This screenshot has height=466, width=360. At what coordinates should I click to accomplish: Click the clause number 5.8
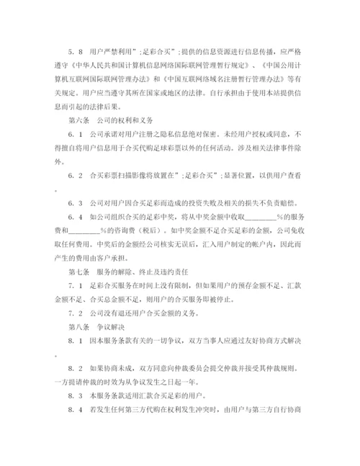click(x=74, y=51)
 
